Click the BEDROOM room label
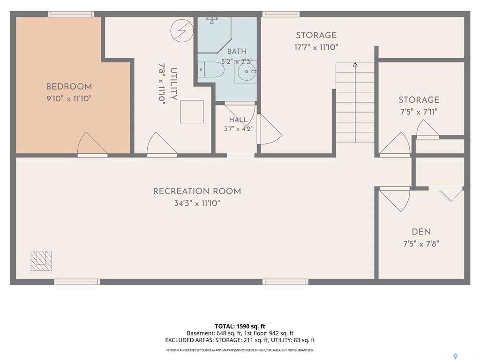69,87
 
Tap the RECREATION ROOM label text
197,191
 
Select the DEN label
421,232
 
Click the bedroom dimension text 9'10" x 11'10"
69,98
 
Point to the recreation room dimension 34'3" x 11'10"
197,203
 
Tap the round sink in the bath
247,72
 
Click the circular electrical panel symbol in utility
182,30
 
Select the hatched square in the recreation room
41,261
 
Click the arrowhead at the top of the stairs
355,64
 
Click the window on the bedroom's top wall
71,14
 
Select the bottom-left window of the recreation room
77,282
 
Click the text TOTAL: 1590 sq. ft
240,326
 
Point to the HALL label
238,120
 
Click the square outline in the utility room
192,112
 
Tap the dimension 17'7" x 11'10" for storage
316,47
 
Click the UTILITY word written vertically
173,84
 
